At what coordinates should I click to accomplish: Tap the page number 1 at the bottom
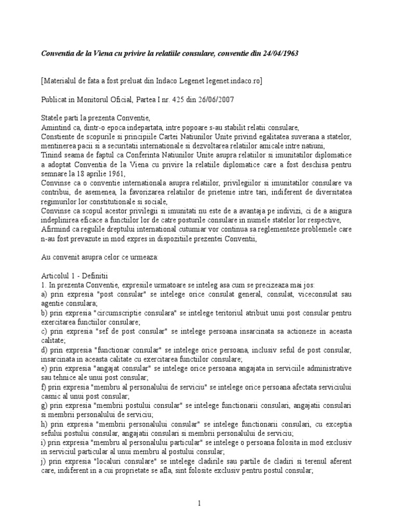click(199, 503)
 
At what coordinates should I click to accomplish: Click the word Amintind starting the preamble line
click(57, 127)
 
